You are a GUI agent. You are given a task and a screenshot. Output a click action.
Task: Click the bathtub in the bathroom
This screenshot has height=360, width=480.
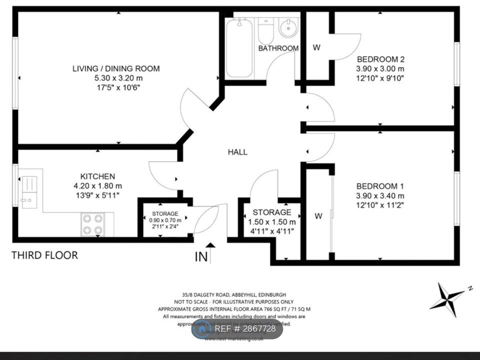pyautogui.click(x=239, y=48)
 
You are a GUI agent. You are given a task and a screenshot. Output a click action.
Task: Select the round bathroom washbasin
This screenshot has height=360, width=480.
pyautogui.click(x=288, y=28)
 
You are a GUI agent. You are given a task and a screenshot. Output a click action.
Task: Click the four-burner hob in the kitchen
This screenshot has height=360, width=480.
pyautogui.click(x=92, y=224)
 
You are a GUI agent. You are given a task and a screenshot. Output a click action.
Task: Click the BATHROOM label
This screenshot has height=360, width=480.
pyautogui.click(x=278, y=48)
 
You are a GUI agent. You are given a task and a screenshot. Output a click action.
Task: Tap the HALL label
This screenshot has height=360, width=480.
pyautogui.click(x=237, y=152)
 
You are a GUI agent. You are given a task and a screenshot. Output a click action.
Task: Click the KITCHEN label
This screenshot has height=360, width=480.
pyautogui.click(x=97, y=176)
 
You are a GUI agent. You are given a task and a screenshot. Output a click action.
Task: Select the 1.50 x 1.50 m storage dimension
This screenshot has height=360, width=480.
pyautogui.click(x=272, y=222)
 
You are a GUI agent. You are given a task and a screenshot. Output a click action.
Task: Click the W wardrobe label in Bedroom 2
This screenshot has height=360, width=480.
pyautogui.click(x=316, y=48)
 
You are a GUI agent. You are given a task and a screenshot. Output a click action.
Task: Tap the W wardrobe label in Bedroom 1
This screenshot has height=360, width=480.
pyautogui.click(x=318, y=216)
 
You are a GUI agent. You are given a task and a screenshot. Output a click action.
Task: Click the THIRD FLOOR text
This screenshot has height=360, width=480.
pyautogui.click(x=45, y=255)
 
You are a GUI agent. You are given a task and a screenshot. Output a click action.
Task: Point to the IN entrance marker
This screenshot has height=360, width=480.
pyautogui.click(x=201, y=257)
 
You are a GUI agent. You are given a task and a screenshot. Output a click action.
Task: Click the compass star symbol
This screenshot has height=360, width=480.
pyautogui.click(x=446, y=298)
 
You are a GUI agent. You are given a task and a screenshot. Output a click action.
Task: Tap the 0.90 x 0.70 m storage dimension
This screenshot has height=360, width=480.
pyautogui.click(x=165, y=220)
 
